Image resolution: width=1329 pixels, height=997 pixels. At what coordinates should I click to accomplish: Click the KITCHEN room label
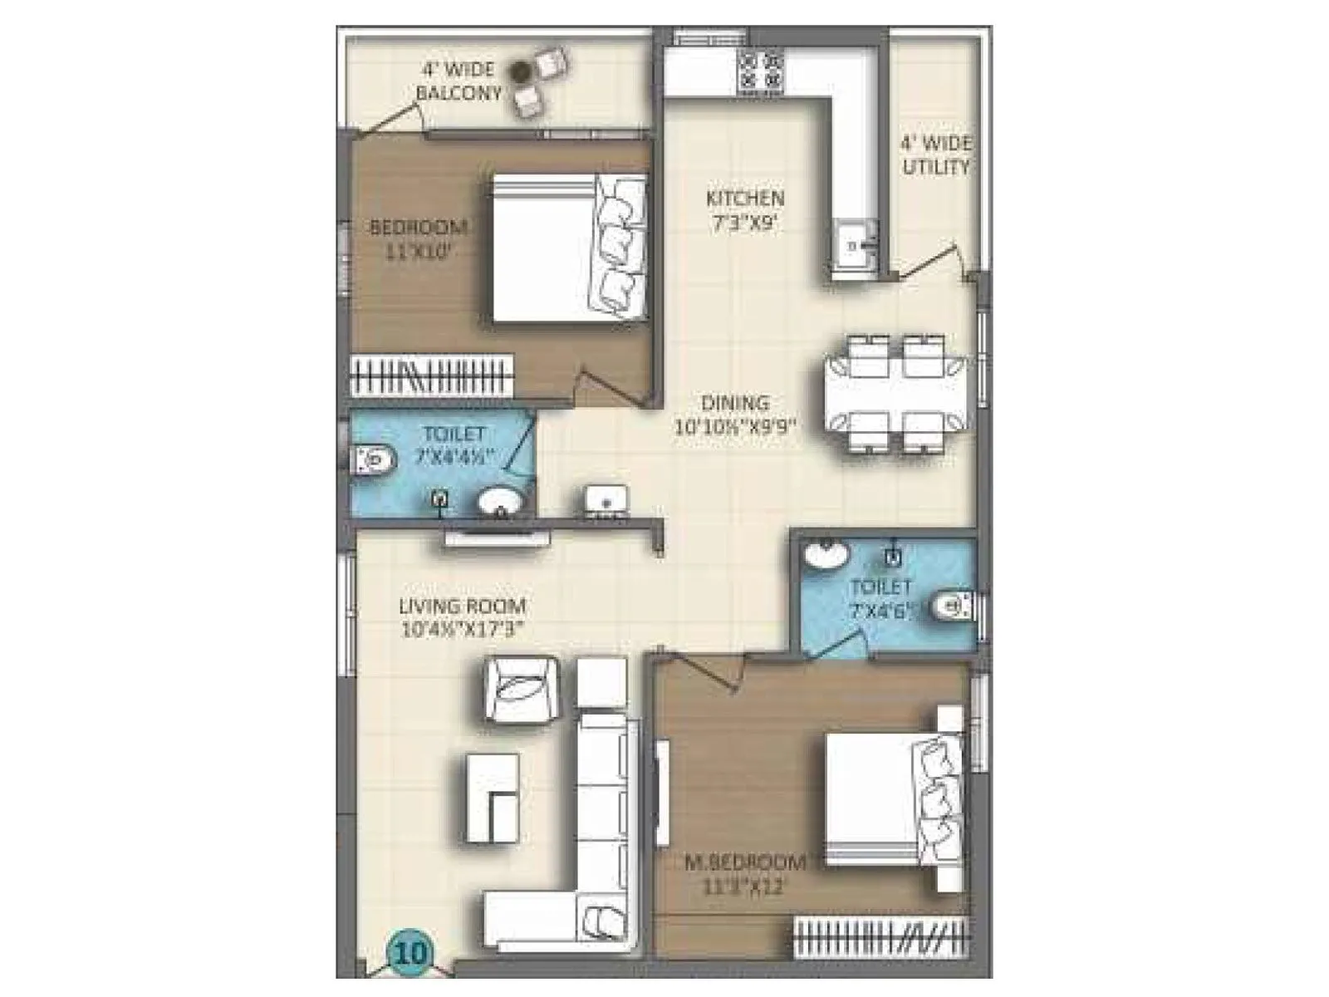coord(744,199)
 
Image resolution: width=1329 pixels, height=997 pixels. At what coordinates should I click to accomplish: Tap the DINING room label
coord(735,404)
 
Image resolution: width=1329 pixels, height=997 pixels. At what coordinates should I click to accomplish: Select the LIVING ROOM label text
coord(462,607)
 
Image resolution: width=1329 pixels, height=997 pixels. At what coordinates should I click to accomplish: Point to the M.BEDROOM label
coord(744,862)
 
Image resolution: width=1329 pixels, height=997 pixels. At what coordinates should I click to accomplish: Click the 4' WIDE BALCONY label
coord(459,81)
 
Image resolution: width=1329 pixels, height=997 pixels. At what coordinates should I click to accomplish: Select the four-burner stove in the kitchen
coord(761,71)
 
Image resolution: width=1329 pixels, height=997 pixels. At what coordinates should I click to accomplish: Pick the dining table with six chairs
coord(897,392)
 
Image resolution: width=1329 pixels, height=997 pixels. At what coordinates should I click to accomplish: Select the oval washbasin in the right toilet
coord(826,555)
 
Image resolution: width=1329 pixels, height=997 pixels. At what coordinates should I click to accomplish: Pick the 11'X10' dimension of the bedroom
coord(418,253)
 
